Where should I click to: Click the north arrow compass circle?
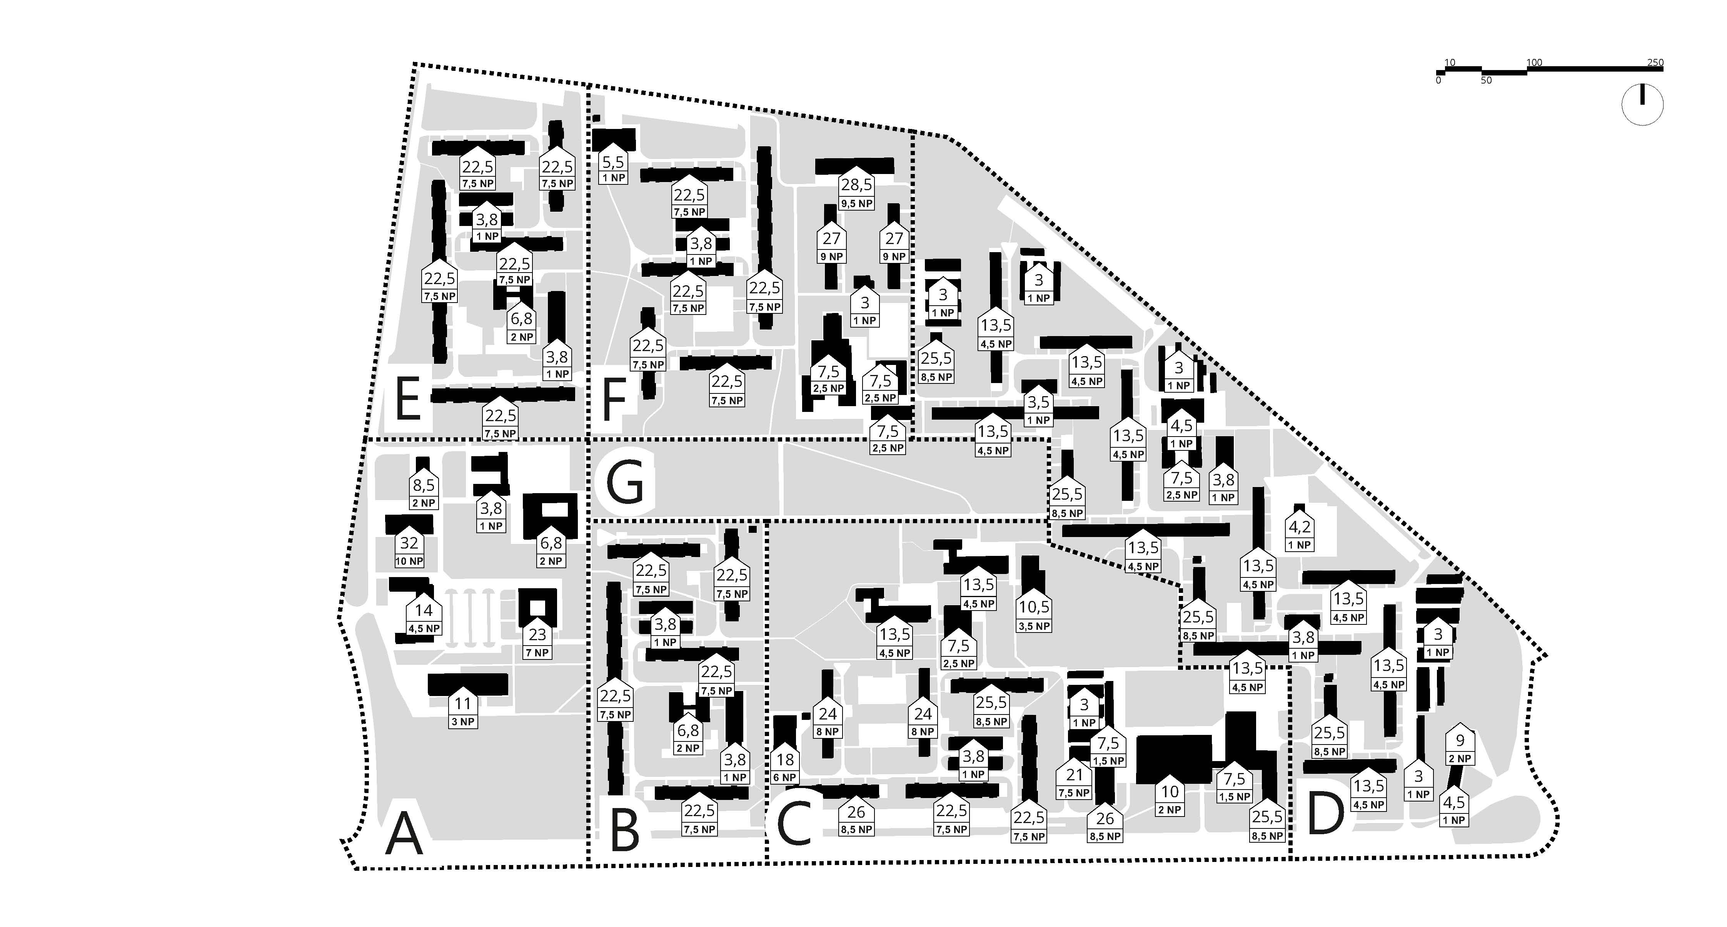click(1642, 105)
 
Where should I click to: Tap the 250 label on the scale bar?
click(1655, 62)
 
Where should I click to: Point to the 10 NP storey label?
click(409, 561)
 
